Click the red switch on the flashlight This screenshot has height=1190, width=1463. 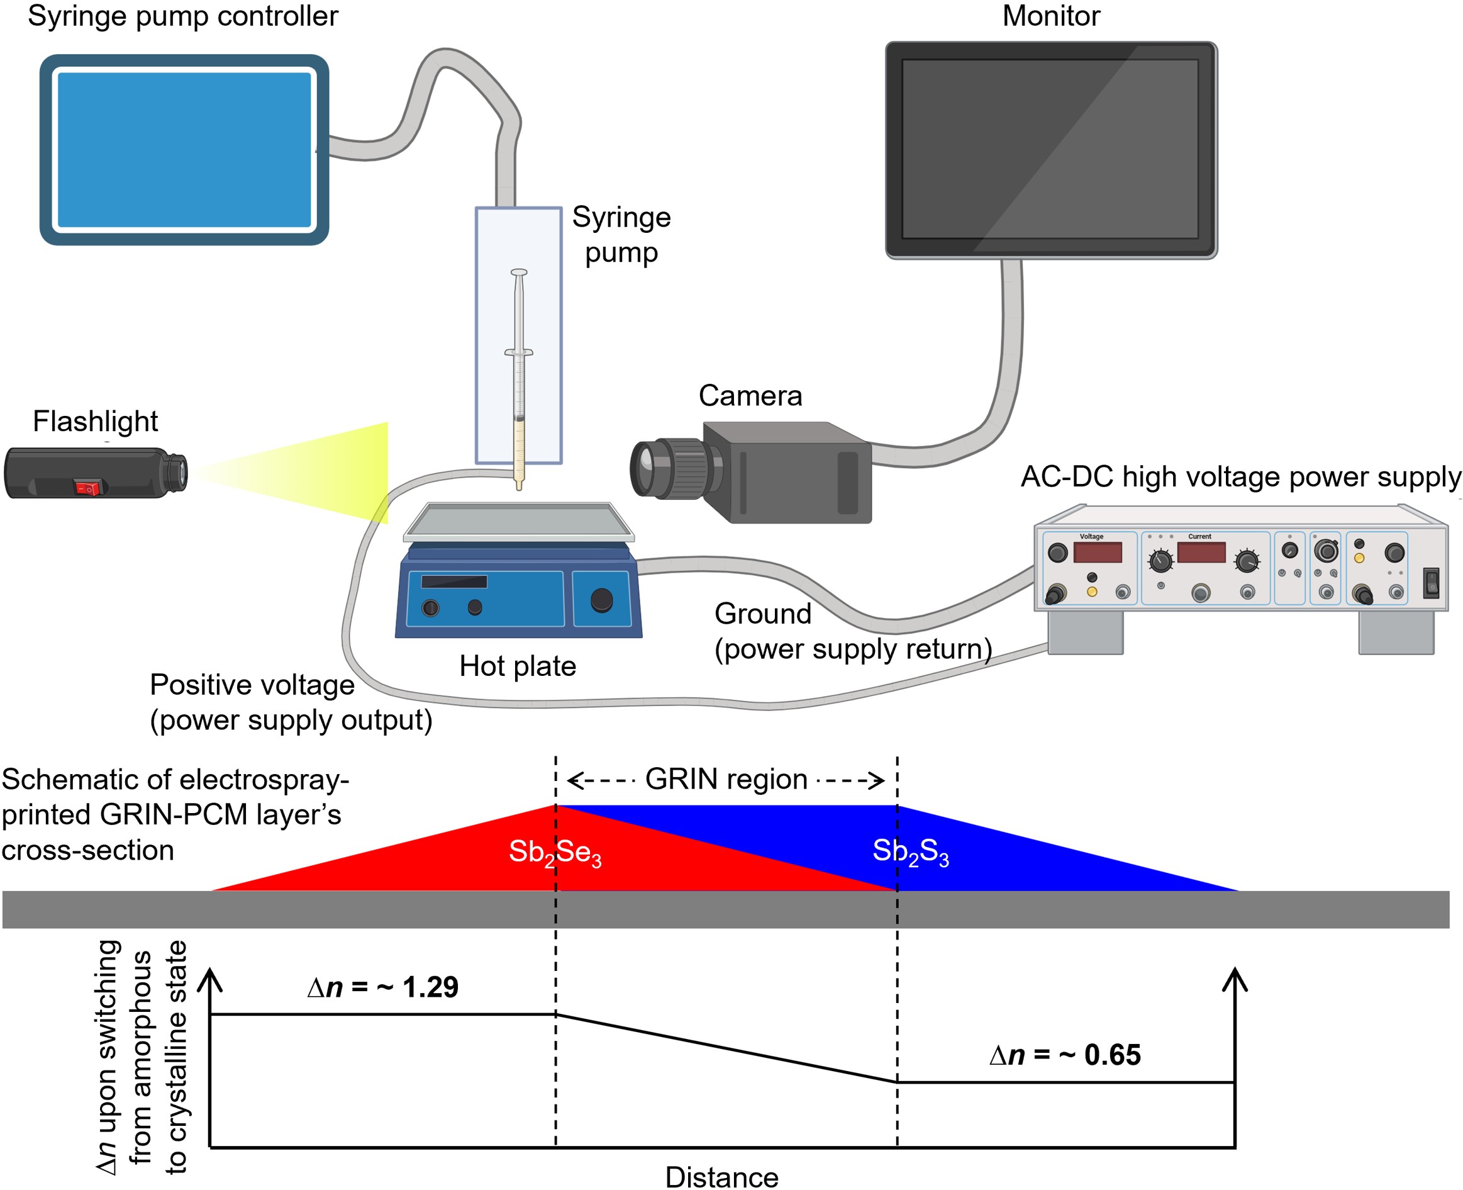click(x=87, y=487)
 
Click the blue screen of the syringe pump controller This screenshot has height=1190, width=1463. click(x=184, y=149)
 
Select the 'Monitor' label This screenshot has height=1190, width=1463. click(x=1050, y=16)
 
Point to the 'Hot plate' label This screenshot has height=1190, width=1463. click(x=518, y=666)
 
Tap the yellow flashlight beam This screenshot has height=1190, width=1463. click(x=322, y=473)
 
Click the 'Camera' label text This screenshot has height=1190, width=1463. click(x=750, y=396)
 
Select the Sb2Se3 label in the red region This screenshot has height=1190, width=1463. click(x=555, y=852)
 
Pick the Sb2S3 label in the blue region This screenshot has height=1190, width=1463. click(x=910, y=852)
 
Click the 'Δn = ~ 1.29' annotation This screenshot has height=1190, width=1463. click(x=382, y=987)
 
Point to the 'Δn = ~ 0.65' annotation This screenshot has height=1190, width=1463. click(x=1065, y=1054)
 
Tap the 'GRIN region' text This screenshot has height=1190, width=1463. click(x=726, y=780)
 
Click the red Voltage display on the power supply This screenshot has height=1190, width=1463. click(x=1097, y=552)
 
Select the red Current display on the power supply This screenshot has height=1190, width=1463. click(x=1201, y=552)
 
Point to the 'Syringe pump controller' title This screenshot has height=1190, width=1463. click(x=183, y=16)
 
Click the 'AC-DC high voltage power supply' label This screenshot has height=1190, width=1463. click(x=1240, y=476)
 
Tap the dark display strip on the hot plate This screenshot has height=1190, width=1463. click(x=453, y=581)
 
